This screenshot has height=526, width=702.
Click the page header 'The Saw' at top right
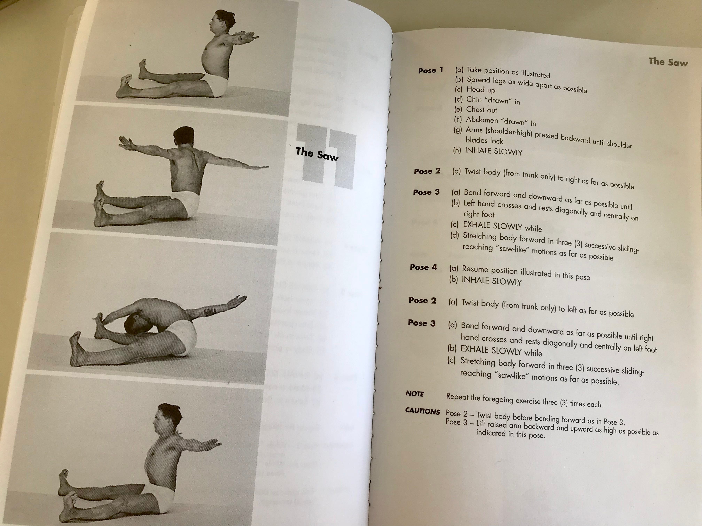[x=668, y=62]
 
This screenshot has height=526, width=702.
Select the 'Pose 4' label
[x=423, y=267]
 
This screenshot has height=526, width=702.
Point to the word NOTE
[x=415, y=394]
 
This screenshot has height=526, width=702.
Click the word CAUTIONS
[x=422, y=411]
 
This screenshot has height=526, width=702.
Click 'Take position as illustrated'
[x=508, y=73]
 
